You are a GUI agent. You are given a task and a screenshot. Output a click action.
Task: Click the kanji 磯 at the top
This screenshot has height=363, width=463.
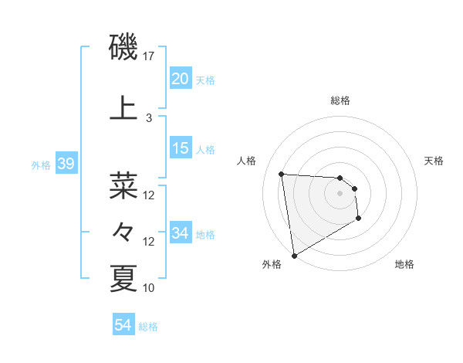[124, 48]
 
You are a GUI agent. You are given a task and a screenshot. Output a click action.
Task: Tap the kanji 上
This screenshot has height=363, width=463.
[124, 108]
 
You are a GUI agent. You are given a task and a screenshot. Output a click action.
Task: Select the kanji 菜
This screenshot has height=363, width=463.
[124, 186]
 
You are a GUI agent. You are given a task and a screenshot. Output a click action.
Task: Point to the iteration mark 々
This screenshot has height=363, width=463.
[124, 231]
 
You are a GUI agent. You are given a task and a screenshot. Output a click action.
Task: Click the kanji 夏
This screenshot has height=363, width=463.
[124, 278]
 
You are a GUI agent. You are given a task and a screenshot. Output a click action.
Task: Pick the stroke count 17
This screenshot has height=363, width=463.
[149, 56]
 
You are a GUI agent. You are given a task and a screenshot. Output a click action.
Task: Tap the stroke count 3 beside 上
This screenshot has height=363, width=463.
[149, 118]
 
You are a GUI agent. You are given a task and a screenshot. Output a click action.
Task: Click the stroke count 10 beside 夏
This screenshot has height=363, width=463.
[149, 288]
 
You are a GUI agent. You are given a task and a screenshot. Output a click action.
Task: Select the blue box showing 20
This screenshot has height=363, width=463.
[180, 79]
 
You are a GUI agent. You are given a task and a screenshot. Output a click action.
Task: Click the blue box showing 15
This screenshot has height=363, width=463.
[180, 148]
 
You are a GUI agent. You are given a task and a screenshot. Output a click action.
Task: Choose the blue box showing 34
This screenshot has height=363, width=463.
[180, 233]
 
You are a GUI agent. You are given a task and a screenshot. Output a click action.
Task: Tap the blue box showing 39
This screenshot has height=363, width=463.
[66, 164]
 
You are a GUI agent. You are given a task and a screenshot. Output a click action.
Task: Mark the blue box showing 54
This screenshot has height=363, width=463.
[123, 326]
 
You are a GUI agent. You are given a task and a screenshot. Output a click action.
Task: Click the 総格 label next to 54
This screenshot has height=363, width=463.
[148, 327]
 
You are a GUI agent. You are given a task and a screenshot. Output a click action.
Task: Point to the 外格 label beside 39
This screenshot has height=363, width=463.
[41, 165]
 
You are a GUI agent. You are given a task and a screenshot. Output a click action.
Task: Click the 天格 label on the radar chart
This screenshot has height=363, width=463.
[434, 161]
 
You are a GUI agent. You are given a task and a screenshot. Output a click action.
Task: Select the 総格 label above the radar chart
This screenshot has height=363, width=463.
[340, 100]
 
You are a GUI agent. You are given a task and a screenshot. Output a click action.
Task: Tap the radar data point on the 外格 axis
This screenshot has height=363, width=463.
[293, 255]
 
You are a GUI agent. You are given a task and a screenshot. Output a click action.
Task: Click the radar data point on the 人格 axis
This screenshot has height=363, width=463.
[282, 174]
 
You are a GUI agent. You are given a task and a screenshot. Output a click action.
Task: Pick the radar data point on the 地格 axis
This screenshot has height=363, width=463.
[359, 219]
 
